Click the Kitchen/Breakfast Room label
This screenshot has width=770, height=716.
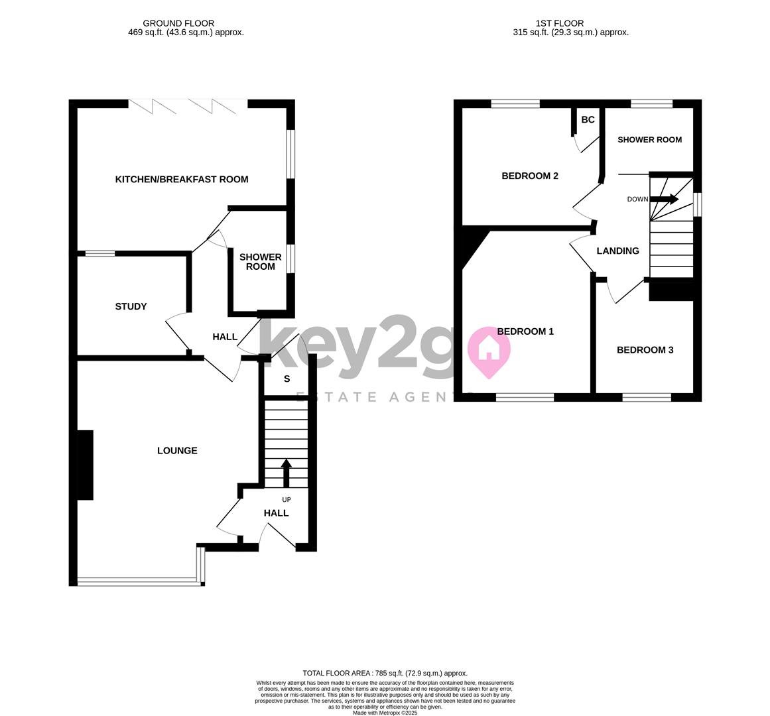(x=182, y=180)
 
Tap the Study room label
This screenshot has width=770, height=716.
(x=131, y=307)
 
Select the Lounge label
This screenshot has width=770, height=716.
(x=177, y=451)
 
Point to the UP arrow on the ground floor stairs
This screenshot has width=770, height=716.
(x=287, y=473)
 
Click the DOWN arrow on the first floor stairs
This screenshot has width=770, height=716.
(x=665, y=200)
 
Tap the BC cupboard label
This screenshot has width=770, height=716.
(x=588, y=120)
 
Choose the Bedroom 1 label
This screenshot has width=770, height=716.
(x=525, y=331)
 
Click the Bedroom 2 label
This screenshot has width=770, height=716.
(x=530, y=176)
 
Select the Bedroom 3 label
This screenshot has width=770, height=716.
(x=645, y=350)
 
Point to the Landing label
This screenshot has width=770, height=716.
(x=617, y=251)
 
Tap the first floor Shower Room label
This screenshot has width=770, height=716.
(x=650, y=140)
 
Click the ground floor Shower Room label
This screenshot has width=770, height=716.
(x=260, y=262)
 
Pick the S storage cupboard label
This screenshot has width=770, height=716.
(x=287, y=379)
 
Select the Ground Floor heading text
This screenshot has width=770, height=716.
(x=178, y=23)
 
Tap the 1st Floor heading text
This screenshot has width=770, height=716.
(x=560, y=23)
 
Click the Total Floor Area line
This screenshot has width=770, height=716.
(x=385, y=674)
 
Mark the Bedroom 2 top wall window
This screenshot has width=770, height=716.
(x=515, y=103)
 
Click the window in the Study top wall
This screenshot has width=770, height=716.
(x=100, y=254)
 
